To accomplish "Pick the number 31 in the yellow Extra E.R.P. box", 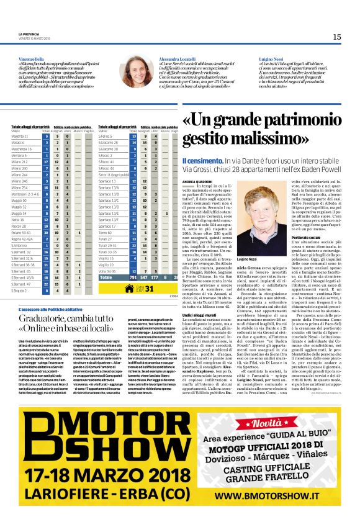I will click(x=149, y=288).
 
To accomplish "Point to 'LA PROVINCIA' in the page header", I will click(x=27, y=34).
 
